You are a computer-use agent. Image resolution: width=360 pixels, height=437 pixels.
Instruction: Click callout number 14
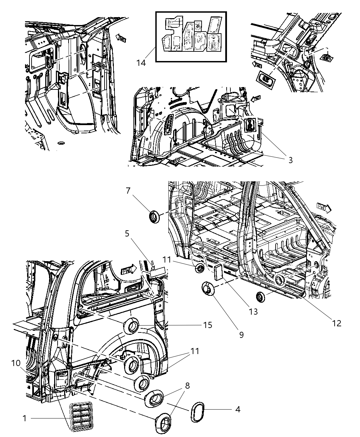coord(141,63)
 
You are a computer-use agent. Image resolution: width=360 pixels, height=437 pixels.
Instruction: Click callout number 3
coord(290,160)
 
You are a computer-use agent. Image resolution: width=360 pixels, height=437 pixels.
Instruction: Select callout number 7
coord(128,191)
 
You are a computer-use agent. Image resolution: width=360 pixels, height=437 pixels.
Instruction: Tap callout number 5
coord(127,233)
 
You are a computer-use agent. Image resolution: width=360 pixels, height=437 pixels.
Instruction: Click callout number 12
coord(337,323)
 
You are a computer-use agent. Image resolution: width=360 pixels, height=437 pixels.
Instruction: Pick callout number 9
coord(241,334)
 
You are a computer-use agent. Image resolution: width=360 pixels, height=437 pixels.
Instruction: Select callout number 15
coord(208,325)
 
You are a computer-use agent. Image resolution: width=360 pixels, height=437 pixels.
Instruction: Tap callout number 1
coord(24,418)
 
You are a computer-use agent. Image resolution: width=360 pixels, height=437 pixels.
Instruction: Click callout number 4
coord(238,409)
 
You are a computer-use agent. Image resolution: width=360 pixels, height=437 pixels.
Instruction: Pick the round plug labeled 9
coord(207,288)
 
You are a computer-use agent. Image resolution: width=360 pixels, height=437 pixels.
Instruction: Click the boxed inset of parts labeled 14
coord(191,37)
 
